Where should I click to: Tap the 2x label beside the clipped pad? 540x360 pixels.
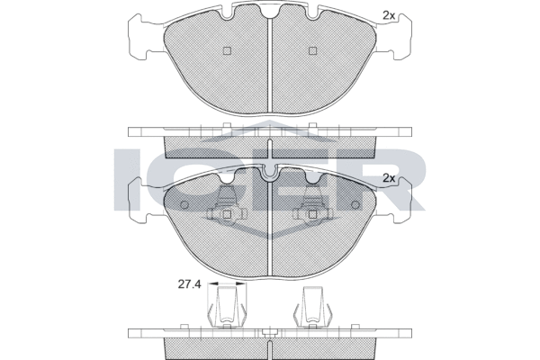click(389, 178)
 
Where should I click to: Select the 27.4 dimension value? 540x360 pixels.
click(189, 284)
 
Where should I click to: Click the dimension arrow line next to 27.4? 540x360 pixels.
click(228, 283)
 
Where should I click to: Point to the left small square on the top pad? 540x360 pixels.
click(227, 50)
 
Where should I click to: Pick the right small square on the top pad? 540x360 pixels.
click(312, 50)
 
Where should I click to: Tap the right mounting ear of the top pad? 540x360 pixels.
click(393, 37)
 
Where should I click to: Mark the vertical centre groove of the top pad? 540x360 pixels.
click(270, 65)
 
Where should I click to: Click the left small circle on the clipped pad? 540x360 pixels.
click(184, 204)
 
